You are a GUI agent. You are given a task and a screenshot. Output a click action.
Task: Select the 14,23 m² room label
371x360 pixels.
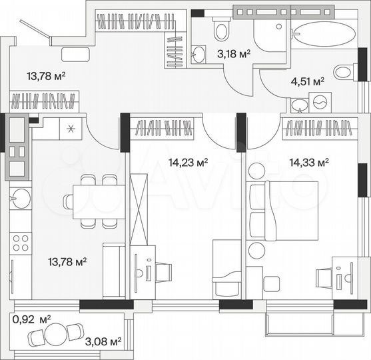point(188,161)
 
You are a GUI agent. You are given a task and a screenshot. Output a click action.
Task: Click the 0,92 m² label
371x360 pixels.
point(31,319)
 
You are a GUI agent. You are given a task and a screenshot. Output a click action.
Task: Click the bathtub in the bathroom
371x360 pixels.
point(324,34)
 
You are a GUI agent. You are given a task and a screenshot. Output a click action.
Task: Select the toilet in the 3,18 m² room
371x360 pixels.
point(221,30)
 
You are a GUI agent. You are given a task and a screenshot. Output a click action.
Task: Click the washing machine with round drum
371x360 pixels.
point(320,102)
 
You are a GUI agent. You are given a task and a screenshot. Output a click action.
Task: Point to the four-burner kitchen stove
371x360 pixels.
point(21,241)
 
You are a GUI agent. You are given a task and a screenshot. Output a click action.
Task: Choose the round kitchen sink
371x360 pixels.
point(20,199)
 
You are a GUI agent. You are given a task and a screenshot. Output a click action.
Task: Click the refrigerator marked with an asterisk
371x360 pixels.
point(71,129)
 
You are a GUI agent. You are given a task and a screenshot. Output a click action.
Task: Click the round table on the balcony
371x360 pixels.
point(55,334)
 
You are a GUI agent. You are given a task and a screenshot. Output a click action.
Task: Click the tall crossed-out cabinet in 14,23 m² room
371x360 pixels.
point(138,208)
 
